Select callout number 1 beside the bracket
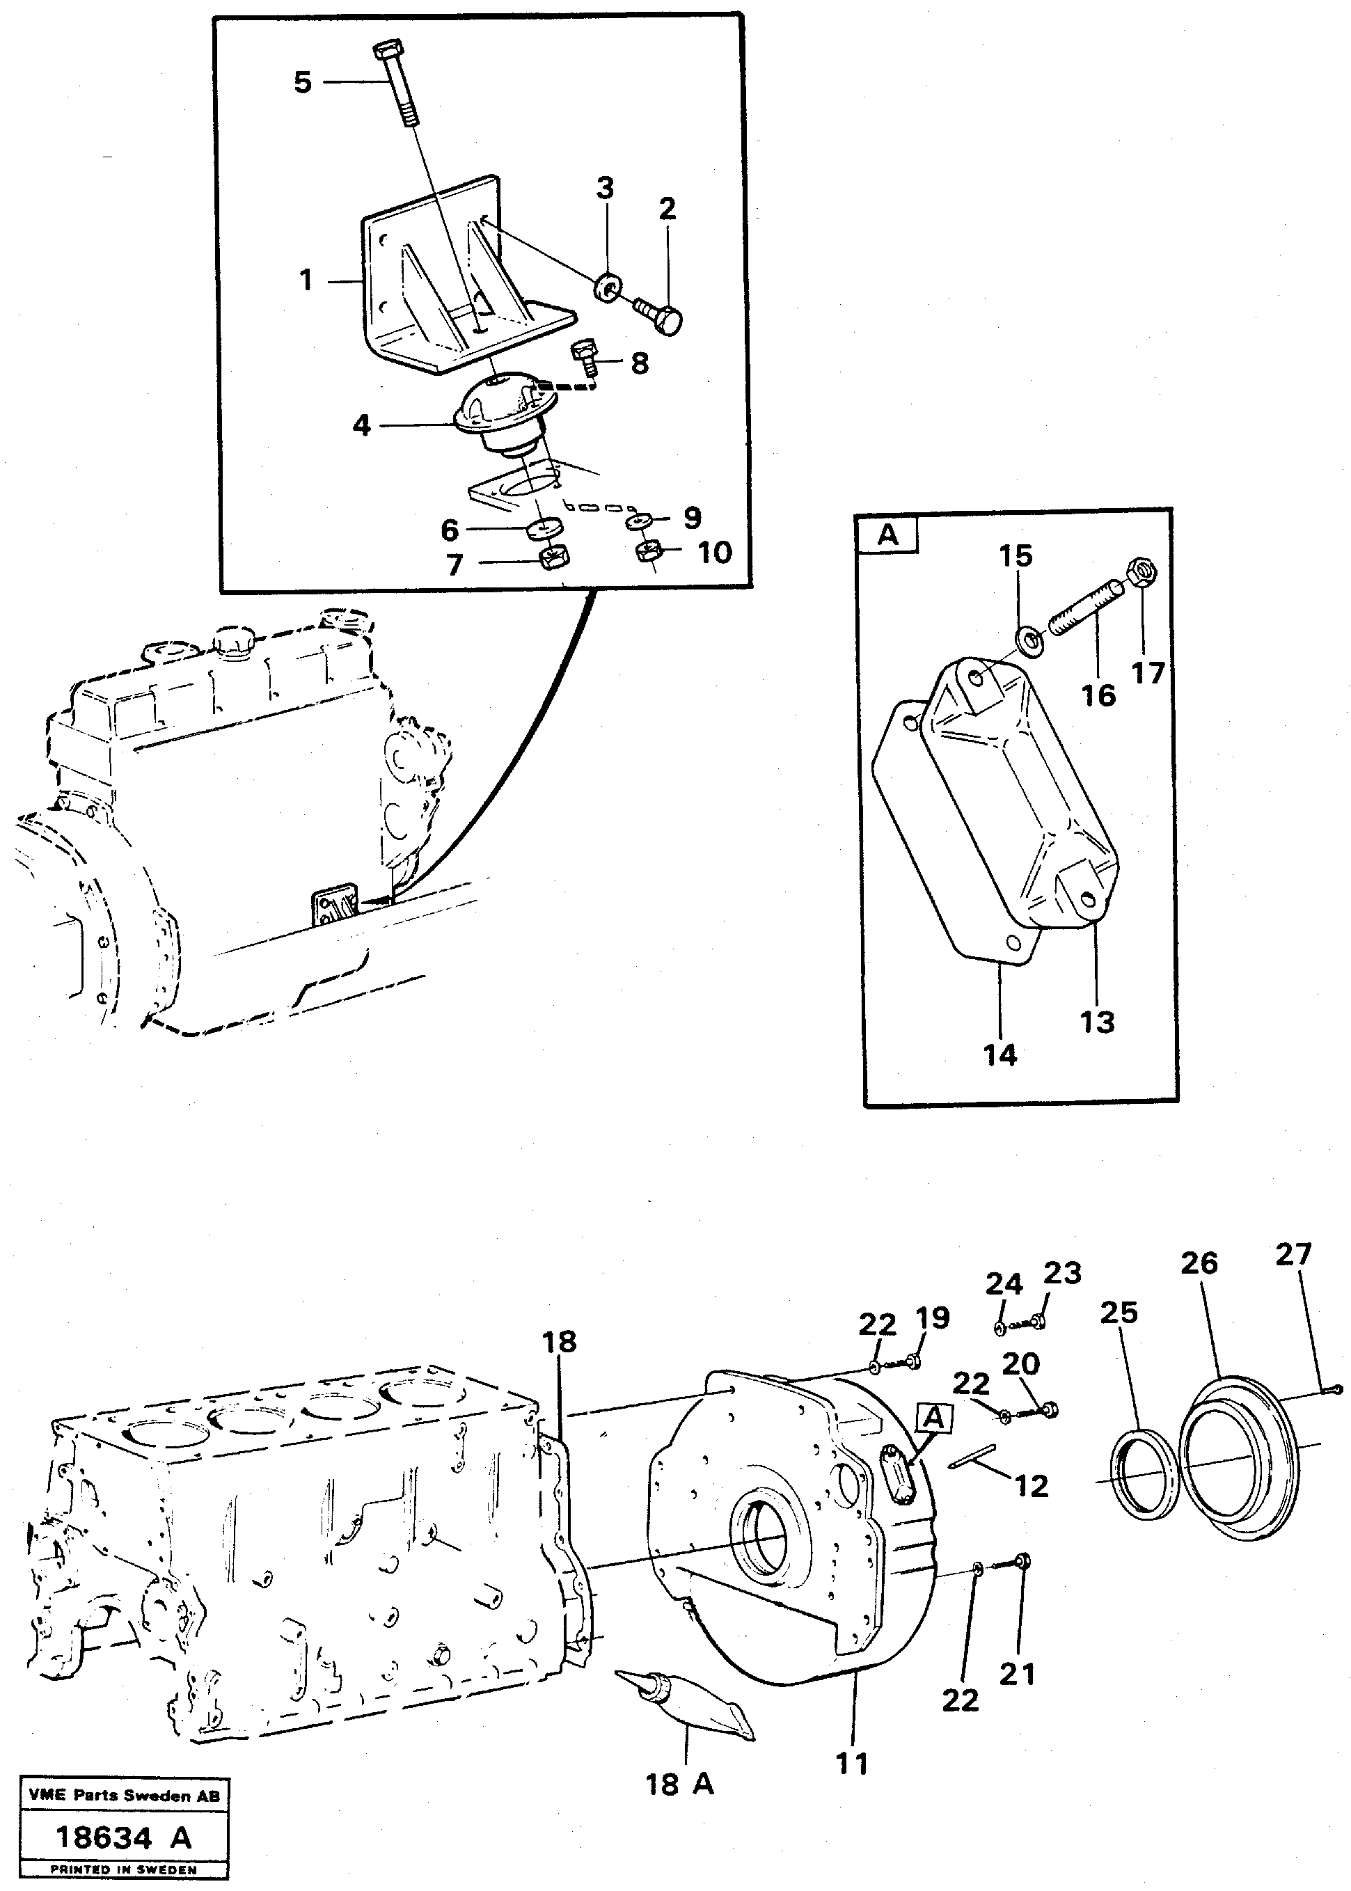coord(306,280)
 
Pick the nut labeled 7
coord(553,558)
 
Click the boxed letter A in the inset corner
coord(888,534)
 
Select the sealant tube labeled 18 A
coord(687,1704)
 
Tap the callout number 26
coord(1199,1263)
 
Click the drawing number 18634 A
coord(123,1837)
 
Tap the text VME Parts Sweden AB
coord(124,1796)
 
